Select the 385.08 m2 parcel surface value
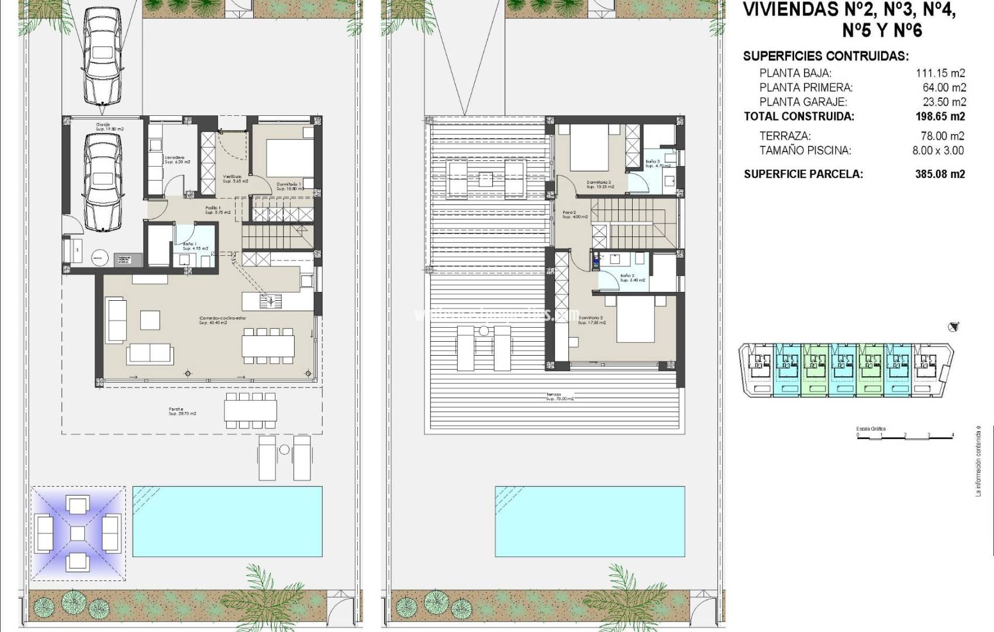pyautogui.click(x=940, y=174)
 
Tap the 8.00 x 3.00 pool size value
pyautogui.click(x=938, y=150)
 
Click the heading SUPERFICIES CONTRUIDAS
pyautogui.click(x=826, y=57)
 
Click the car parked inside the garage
pyautogui.click(x=103, y=181)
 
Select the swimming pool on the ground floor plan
pyautogui.click(x=227, y=521)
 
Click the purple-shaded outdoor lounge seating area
pyautogui.click(x=78, y=533)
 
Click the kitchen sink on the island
pyautogui.click(x=270, y=301)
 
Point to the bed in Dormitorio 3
pyautogui.click(x=589, y=146)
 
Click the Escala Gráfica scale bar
pyautogui.click(x=905, y=436)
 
